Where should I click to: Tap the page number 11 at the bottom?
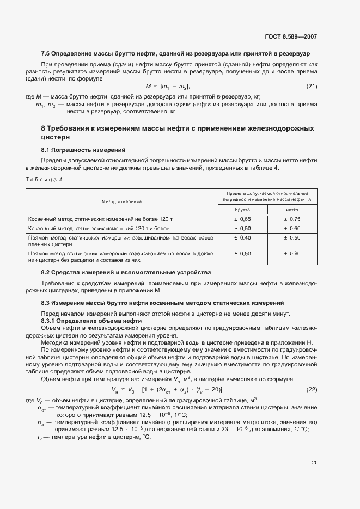(314, 463)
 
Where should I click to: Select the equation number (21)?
(312, 86)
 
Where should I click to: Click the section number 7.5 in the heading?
(46, 54)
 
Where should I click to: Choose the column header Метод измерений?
(121, 201)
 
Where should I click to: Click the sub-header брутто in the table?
(242, 209)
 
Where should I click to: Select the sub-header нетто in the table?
(292, 209)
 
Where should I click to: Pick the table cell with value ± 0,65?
(242, 218)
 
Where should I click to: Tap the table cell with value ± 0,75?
(292, 218)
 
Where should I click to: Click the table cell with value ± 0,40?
(242, 238)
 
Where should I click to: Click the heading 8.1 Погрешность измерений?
(83, 149)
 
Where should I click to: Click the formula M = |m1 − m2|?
(167, 86)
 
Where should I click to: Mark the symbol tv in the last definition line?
(40, 437)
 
